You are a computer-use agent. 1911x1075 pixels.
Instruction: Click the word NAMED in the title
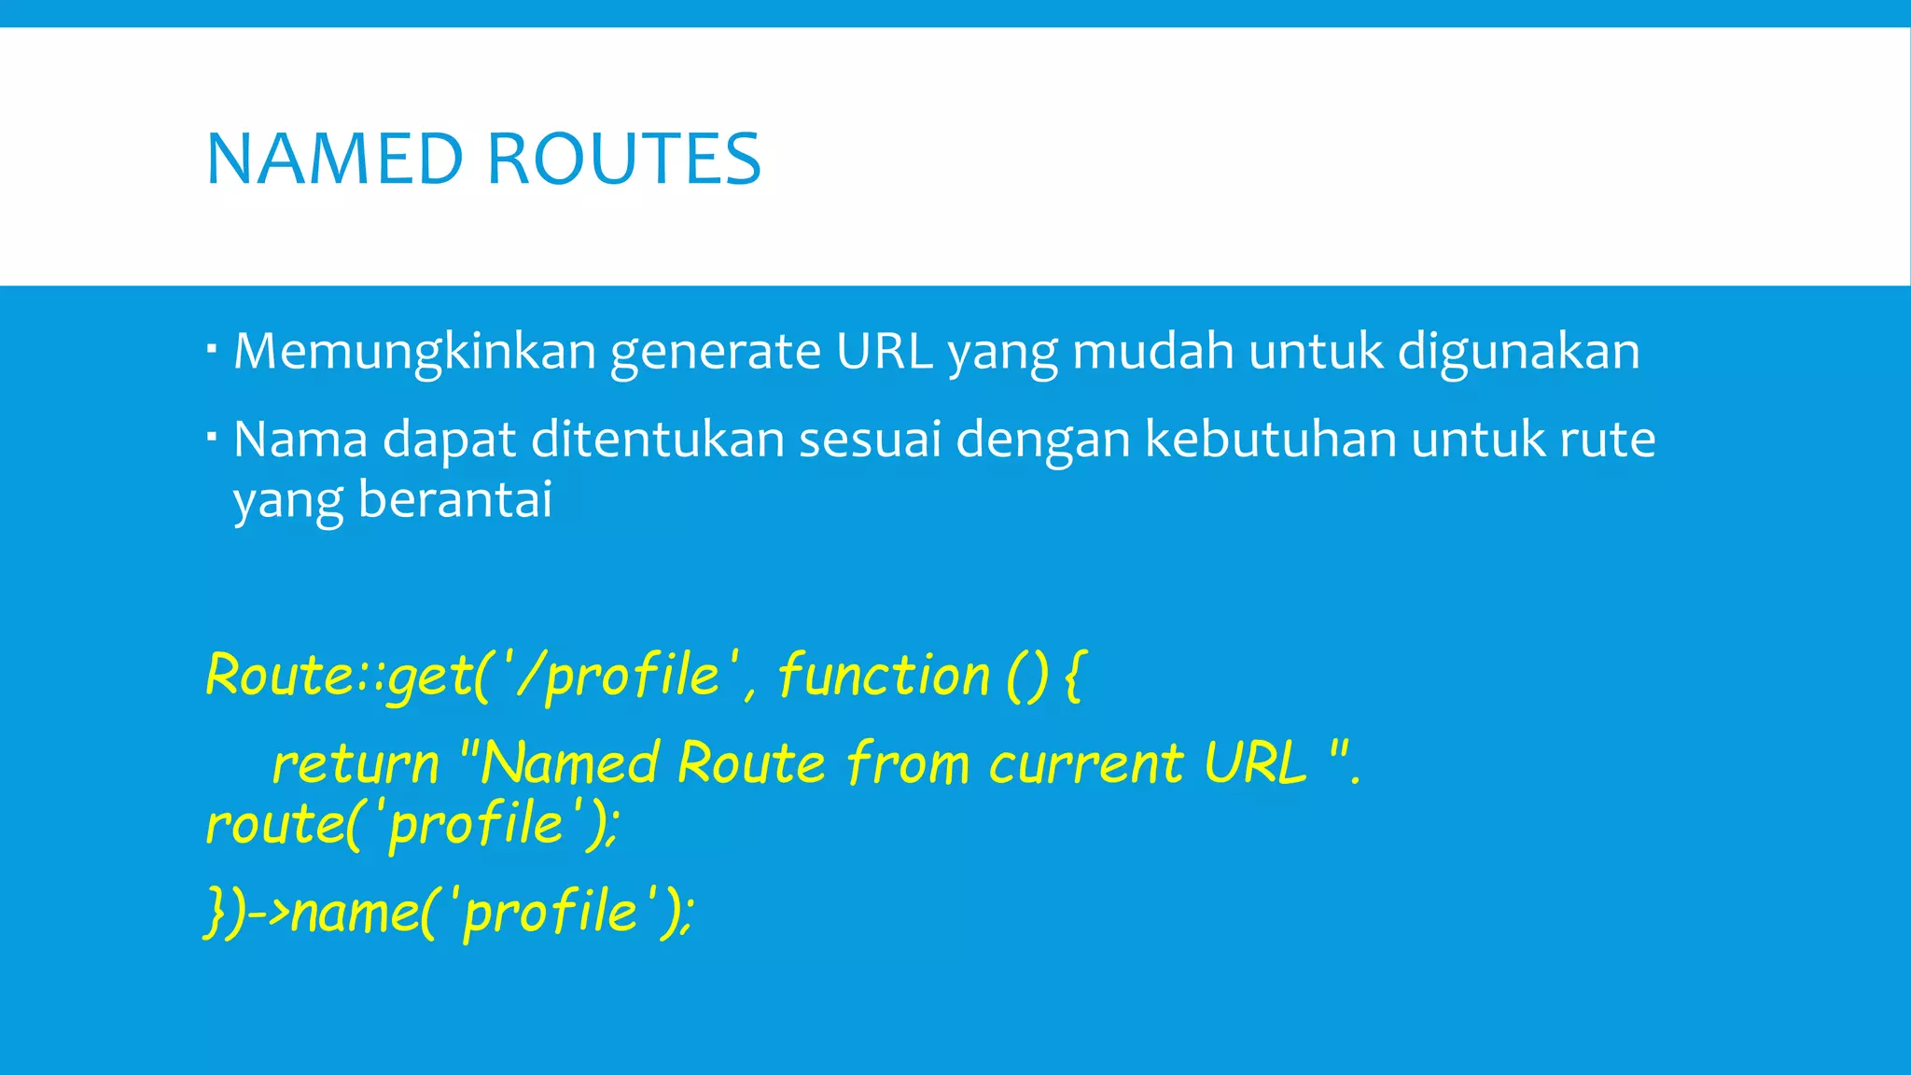(x=334, y=160)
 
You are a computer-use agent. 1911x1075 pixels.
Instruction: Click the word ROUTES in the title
(x=624, y=160)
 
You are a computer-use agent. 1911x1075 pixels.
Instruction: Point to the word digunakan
(x=1518, y=352)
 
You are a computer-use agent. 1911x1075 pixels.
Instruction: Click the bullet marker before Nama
(x=213, y=435)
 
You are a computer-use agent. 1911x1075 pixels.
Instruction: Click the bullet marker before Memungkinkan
(x=213, y=348)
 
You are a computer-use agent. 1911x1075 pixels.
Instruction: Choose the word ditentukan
(x=657, y=439)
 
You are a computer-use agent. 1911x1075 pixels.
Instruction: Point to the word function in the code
(x=883, y=676)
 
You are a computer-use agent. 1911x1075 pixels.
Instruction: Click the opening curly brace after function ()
(x=1074, y=676)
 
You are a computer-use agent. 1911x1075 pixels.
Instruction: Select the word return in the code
(x=355, y=764)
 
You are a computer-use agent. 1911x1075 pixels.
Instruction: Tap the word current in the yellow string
(x=1085, y=764)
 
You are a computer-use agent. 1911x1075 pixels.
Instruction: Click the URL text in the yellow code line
(x=1254, y=762)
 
